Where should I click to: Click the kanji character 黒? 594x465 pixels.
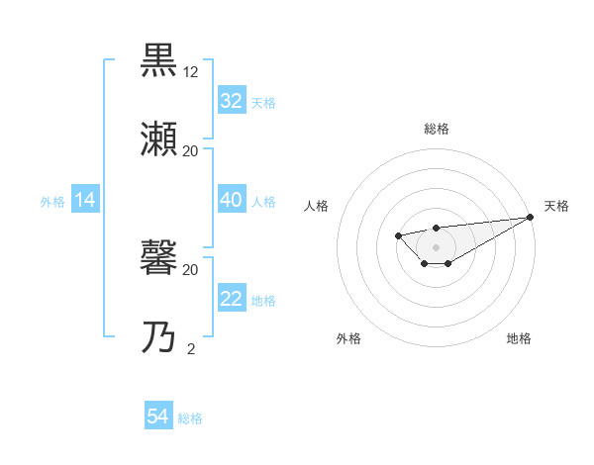coord(160,61)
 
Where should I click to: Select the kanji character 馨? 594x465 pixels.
coord(160,258)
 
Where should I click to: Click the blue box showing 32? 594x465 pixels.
coord(231,101)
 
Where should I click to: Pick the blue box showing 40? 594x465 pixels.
coord(231,200)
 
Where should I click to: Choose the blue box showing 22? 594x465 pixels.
coord(231,299)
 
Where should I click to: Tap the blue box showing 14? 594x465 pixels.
coord(85,200)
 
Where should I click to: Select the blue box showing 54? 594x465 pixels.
coord(157,417)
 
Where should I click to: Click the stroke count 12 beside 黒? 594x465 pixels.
coord(191,71)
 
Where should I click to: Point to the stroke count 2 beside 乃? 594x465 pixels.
coord(191,348)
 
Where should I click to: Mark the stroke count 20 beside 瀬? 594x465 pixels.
coord(191,151)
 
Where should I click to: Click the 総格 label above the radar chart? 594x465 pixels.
coord(437,129)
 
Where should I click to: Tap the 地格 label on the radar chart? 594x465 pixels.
coord(519,338)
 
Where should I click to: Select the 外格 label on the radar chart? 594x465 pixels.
coord(348,338)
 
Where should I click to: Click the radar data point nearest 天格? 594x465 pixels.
coord(530,217)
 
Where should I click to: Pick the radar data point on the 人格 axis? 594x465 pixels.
coord(397,234)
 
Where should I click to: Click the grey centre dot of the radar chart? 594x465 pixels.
coord(436,247)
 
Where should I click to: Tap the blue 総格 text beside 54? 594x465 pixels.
coord(190,418)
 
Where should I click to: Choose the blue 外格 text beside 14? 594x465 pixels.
coord(52,202)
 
